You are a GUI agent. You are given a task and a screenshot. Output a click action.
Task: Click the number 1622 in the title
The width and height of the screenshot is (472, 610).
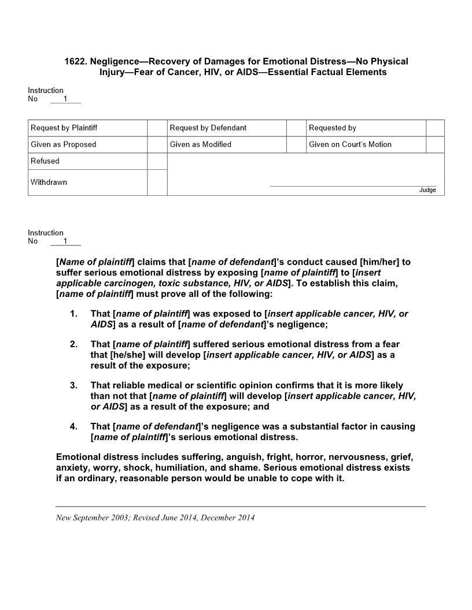point(75,61)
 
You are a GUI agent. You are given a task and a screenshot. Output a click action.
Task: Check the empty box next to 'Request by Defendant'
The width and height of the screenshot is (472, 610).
point(296,128)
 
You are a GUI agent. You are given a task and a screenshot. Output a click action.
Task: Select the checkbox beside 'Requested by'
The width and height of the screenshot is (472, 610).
point(435,128)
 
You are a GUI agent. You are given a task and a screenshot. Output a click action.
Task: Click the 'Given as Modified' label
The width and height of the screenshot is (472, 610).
point(200,144)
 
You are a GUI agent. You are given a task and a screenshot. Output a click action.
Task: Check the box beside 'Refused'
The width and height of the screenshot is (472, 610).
point(157,161)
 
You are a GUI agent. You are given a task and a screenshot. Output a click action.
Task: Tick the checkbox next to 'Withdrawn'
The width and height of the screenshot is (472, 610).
point(157,183)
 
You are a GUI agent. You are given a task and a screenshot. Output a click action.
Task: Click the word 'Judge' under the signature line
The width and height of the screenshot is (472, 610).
point(427,191)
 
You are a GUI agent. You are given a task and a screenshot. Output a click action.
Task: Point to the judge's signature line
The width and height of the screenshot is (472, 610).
point(353,186)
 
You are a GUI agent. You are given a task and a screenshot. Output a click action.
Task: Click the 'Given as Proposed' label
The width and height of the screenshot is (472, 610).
point(63,144)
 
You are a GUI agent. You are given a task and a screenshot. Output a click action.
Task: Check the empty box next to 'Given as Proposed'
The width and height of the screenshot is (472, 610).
point(157,144)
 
